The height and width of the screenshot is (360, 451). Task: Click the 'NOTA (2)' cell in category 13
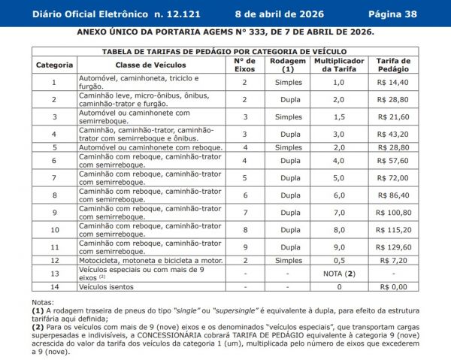[339, 273]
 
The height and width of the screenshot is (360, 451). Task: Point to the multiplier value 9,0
[339, 247]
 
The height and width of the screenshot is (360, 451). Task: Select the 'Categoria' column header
[54, 65]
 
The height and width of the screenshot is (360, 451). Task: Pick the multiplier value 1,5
[339, 117]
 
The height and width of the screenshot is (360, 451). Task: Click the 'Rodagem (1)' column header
[288, 65]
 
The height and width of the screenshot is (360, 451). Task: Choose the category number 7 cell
[54, 177]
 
